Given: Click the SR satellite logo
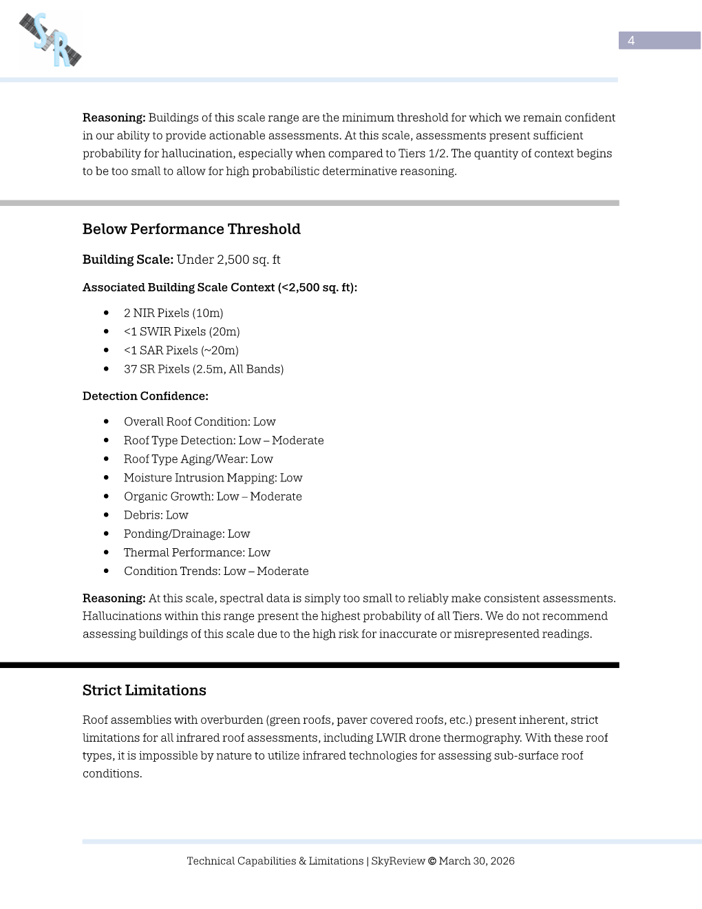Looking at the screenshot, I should tap(51, 40).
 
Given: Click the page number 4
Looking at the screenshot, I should tap(631, 41).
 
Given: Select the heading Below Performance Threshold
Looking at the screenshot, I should tap(191, 229).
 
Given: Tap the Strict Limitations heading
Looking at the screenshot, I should tap(145, 691).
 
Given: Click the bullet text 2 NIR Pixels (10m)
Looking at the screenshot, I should tap(173, 313).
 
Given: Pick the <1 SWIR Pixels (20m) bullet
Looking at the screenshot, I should tap(182, 332).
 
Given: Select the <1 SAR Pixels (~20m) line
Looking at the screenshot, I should tap(181, 351).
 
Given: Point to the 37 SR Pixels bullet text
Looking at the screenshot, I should tap(204, 369).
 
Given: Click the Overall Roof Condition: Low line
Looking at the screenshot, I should tap(200, 422).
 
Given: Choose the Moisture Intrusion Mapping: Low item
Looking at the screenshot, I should tap(213, 478).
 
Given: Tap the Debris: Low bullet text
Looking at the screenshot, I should tap(156, 515).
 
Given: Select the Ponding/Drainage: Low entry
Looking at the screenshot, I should tap(187, 534).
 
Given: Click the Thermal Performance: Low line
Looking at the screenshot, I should tap(197, 552).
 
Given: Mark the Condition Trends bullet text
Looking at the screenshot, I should tap(216, 571).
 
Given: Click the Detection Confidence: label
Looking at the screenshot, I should tap(145, 396).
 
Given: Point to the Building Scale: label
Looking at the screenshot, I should tap(127, 260).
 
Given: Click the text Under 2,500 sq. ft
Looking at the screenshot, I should tap(228, 260).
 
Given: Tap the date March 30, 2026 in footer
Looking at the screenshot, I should tap(476, 861).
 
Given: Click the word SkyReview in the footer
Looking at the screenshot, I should tap(398, 861).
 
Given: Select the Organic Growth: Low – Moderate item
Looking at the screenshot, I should tap(213, 497).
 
